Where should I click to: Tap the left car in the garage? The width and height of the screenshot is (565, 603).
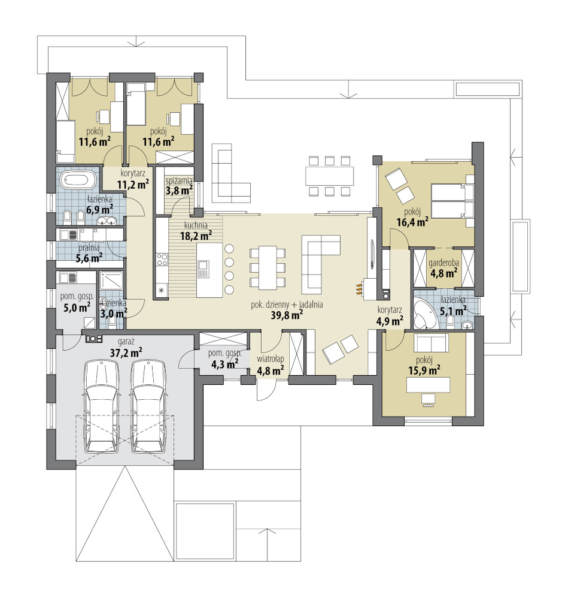tap(101, 406)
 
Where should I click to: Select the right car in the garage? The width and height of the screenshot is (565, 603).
tap(148, 406)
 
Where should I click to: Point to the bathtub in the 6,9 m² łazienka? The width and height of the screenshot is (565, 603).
tap(79, 180)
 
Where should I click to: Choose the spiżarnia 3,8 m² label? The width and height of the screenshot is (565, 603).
tap(179, 186)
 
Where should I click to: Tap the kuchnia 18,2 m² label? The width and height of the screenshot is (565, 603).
tap(196, 231)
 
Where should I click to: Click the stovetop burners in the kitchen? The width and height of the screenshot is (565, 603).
tap(162, 260)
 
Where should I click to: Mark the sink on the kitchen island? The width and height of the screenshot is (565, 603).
tap(203, 269)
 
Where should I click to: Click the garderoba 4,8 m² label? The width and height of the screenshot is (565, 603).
tap(444, 268)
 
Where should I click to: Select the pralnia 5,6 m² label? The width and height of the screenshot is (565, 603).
tap(89, 253)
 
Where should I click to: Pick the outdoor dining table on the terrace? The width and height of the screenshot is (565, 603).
tap(330, 176)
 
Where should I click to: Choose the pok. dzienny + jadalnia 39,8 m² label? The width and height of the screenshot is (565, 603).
tap(287, 310)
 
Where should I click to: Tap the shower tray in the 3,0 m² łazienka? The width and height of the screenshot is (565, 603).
tap(111, 281)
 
